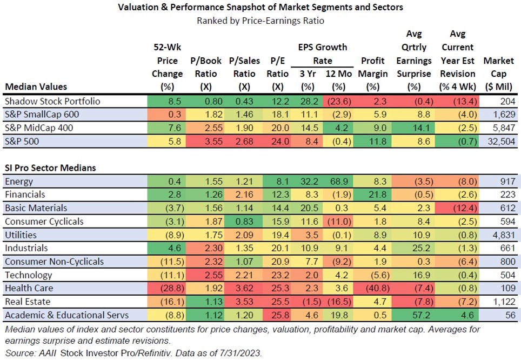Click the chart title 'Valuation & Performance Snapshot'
260,8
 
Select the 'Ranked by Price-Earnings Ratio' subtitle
260,21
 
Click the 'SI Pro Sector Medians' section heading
50,168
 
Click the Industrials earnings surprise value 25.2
413,248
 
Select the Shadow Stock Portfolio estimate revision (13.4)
456,101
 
